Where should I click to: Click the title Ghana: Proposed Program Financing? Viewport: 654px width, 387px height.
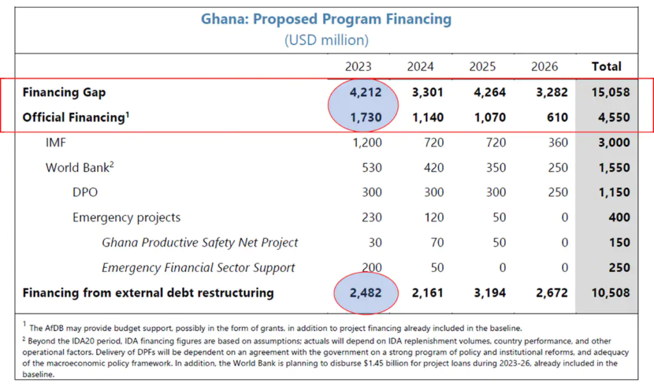tap(326, 19)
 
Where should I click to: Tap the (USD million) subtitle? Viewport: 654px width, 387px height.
tap(326, 40)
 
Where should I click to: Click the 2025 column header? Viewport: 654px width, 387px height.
tap(482, 66)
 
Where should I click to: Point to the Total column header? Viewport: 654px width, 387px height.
tap(606, 66)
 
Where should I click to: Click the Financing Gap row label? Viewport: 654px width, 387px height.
tap(64, 92)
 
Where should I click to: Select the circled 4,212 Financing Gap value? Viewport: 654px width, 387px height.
tap(365, 92)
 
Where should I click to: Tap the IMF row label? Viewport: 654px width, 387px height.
tap(56, 142)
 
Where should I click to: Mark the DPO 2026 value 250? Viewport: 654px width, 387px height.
tap(557, 192)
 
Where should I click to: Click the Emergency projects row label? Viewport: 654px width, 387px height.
tap(126, 217)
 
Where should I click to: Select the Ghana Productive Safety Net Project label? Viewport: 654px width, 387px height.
tap(200, 243)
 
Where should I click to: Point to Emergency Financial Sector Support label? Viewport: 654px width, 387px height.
tap(198, 268)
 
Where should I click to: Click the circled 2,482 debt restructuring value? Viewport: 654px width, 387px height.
tap(365, 293)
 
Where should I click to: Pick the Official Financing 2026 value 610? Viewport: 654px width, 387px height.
tap(557, 118)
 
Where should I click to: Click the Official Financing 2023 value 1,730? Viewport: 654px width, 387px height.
tap(365, 118)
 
